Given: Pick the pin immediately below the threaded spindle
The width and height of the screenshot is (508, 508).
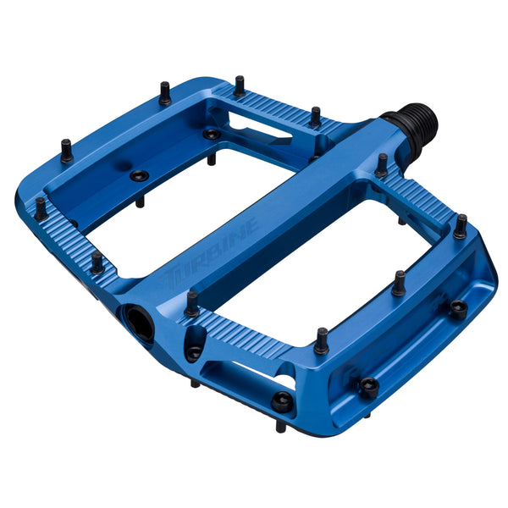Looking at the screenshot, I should [x=382, y=165].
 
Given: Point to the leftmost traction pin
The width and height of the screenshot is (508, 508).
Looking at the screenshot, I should [x=41, y=207].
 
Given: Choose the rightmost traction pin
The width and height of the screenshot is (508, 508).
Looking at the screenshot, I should [x=461, y=226].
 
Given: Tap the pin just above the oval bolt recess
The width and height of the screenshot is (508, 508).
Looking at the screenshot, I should [x=193, y=302].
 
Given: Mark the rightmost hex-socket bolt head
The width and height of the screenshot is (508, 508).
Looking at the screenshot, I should [x=457, y=309].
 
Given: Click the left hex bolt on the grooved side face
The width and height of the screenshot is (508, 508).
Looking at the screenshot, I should [x=369, y=387].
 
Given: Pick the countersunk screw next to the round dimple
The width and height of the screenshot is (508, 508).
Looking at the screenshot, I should [x=138, y=176].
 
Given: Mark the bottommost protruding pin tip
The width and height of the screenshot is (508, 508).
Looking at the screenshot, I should [x=279, y=428].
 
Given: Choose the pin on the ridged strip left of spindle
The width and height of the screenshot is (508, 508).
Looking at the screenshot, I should [x=315, y=117].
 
